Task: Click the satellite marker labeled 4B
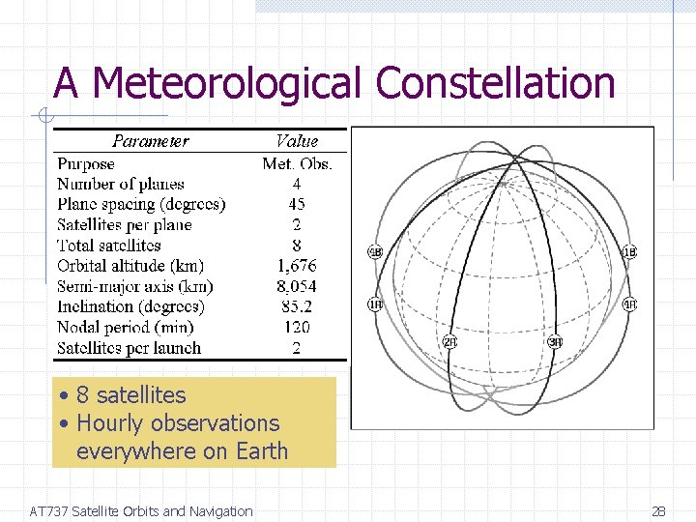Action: tap(375, 252)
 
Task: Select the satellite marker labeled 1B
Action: tap(629, 252)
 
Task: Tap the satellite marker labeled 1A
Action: tap(375, 304)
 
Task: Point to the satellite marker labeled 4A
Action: tap(629, 304)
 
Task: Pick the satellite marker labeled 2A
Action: tap(449, 341)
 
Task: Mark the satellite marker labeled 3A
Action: tap(555, 341)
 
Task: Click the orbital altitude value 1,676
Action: tap(296, 266)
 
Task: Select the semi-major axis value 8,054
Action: tap(296, 286)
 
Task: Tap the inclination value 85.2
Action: tap(296, 306)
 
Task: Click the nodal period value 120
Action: tap(296, 328)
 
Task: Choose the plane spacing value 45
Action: tap(296, 204)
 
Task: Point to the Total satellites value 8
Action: tap(296, 246)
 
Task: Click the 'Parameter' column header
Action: tap(150, 141)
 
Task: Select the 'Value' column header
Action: tap(296, 141)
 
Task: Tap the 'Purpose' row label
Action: tap(85, 163)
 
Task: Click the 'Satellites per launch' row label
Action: tap(129, 348)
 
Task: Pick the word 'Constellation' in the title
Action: tap(495, 83)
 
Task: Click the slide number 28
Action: tap(658, 511)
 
